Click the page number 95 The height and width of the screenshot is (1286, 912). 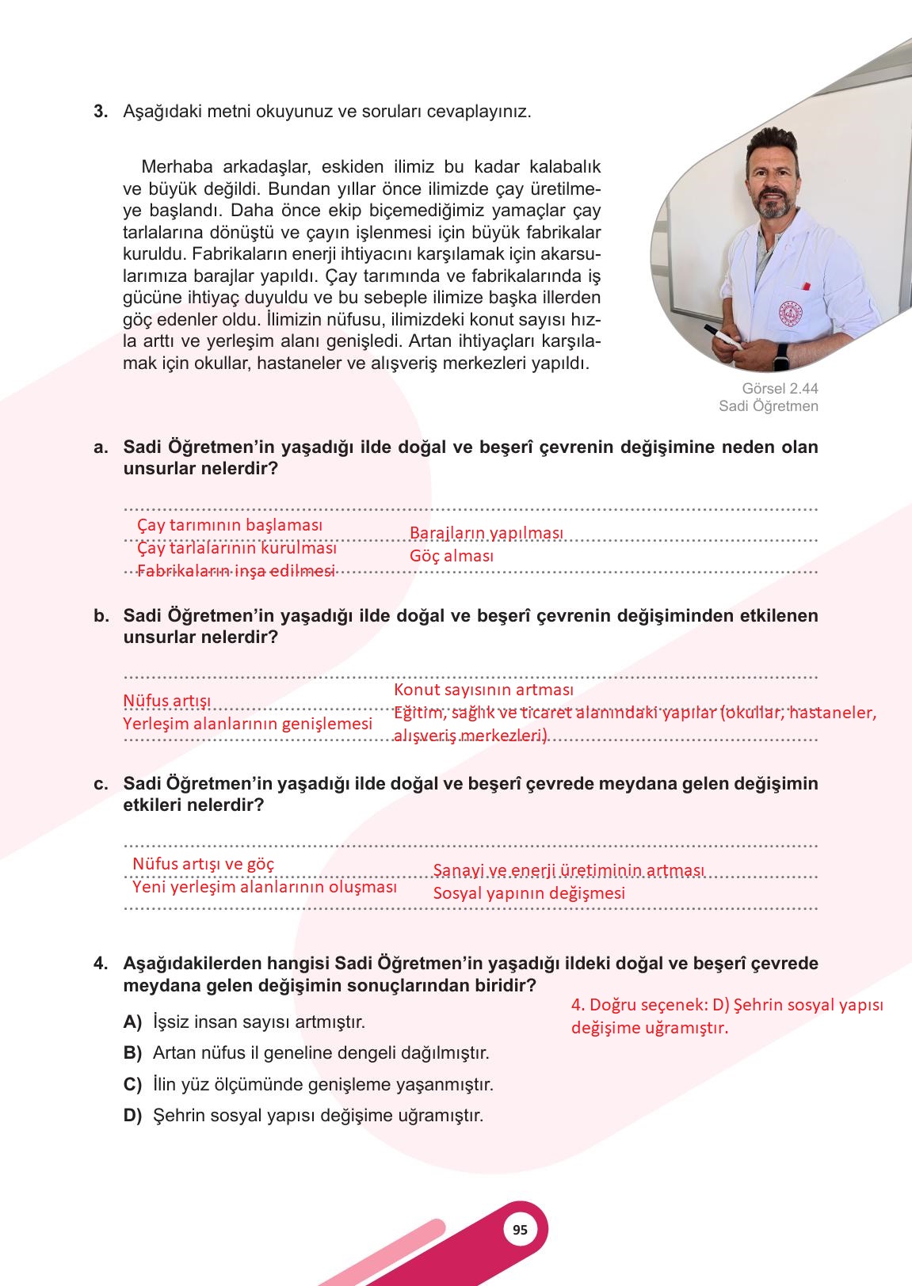click(520, 1230)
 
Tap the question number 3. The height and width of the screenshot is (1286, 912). click(101, 111)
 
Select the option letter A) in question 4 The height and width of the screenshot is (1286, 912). click(132, 1022)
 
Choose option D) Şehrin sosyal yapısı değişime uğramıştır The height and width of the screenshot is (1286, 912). click(317, 1116)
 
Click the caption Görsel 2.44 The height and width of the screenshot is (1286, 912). click(780, 389)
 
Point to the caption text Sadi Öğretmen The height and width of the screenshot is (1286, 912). click(768, 406)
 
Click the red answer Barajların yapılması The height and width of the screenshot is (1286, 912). click(486, 532)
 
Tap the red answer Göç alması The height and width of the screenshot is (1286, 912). click(451, 556)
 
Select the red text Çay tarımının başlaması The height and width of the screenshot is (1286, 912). click(230, 525)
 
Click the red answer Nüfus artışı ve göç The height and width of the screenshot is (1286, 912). click(203, 863)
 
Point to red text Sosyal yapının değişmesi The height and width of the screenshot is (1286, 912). click(529, 893)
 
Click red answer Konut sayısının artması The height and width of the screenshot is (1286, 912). click(483, 690)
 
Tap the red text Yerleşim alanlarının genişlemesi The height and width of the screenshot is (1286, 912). click(247, 724)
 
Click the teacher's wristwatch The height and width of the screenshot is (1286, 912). click(782, 357)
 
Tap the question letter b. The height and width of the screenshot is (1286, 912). click(101, 616)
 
